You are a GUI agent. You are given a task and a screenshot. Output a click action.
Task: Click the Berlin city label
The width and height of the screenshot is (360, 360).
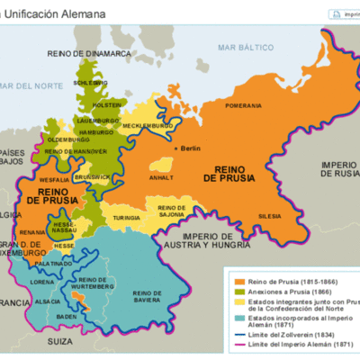(x=190, y=148)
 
